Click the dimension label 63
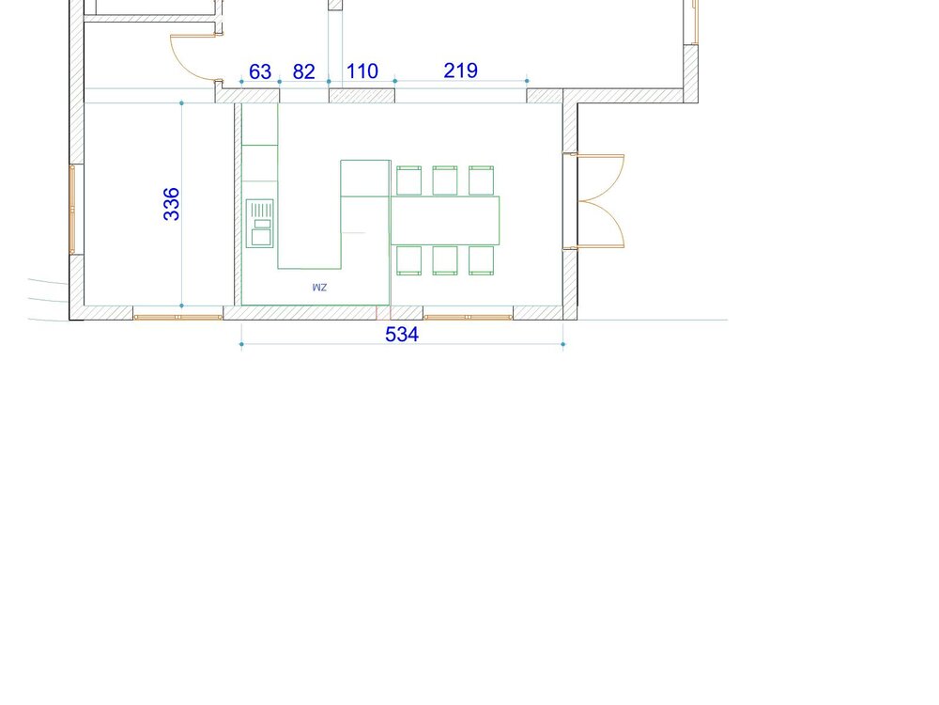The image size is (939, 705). (260, 72)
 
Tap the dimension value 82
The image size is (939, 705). (303, 72)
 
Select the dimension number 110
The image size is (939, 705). (362, 71)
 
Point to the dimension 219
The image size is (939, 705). (460, 70)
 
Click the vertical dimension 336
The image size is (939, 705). (171, 204)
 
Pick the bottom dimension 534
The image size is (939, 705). (402, 335)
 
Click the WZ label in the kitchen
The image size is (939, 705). (320, 288)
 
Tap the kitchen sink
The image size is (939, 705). (260, 224)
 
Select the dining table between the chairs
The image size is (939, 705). (445, 220)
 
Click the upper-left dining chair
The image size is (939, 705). (409, 180)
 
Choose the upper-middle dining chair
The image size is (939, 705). (445, 180)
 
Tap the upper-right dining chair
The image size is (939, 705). (482, 180)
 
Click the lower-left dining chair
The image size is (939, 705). (409, 260)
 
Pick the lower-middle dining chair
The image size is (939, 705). (445, 260)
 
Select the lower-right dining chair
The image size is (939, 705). (482, 260)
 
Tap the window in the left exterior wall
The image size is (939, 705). (72, 210)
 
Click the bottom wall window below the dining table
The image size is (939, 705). (469, 317)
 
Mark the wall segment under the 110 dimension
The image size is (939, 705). (362, 96)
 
